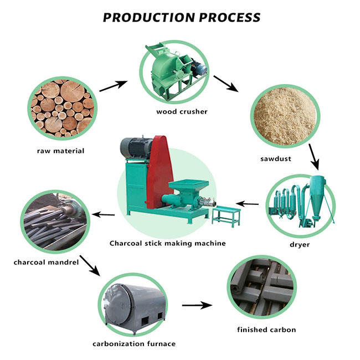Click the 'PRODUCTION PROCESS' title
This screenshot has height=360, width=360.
[182, 17]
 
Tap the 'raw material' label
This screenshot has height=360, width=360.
[61, 151]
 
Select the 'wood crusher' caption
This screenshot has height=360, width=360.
[182, 111]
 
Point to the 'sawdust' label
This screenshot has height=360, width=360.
[275, 158]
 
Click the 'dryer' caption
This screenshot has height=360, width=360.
[300, 244]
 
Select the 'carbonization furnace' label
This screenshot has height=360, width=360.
[134, 344]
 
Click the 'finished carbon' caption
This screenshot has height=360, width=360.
[266, 330]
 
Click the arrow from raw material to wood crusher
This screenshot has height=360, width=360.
[113, 86]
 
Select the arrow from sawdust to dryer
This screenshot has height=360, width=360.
[314, 156]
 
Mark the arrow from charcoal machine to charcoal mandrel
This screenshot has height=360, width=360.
[103, 214]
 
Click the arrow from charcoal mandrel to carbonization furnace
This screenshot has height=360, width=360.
[90, 266]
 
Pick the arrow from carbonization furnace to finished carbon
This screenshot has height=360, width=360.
[197, 305]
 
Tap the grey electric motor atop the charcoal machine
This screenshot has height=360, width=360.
[135, 146]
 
